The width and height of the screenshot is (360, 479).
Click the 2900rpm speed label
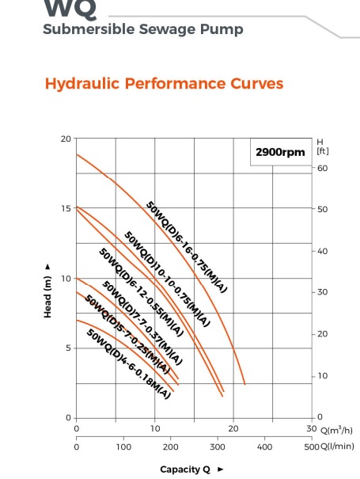click(x=280, y=152)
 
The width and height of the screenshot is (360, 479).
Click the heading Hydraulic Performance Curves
click(x=165, y=83)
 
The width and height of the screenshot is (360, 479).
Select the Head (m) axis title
click(x=47, y=291)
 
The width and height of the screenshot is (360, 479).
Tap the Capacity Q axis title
click(x=185, y=469)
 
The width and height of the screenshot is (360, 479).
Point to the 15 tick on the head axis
click(x=66, y=208)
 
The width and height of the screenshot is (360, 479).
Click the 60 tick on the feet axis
click(x=322, y=169)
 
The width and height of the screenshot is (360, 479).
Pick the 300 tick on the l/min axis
click(x=218, y=447)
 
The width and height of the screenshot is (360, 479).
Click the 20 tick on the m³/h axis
click(x=233, y=428)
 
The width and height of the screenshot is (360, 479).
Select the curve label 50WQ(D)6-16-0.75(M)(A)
click(x=187, y=247)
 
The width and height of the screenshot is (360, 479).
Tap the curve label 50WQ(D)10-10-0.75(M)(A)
click(x=167, y=279)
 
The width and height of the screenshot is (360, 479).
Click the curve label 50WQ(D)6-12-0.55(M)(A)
click(x=141, y=292)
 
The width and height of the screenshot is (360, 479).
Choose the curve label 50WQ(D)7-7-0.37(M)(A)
click(x=142, y=322)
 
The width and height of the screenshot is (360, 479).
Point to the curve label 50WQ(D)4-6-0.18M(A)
click(x=128, y=363)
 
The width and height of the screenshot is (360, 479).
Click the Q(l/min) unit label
click(x=337, y=447)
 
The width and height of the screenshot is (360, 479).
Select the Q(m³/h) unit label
click(x=336, y=430)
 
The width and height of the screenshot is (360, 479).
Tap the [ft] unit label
click(x=323, y=151)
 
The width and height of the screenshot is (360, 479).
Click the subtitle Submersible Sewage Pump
click(x=143, y=29)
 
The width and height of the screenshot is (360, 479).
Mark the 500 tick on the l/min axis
click(x=312, y=447)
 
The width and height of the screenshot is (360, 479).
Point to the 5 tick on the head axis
click(x=68, y=348)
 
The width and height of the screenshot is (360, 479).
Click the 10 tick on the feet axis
click(x=322, y=376)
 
